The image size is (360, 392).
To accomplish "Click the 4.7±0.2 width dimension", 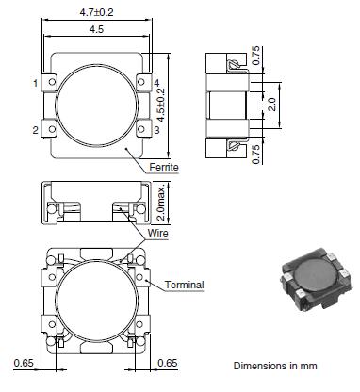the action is (96, 12).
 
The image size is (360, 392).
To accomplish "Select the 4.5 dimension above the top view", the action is (96, 29).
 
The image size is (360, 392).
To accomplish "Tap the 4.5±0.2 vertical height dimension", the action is (161, 105).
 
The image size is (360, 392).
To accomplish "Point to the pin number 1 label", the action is (36, 83).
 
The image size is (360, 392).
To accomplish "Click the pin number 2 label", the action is (36, 130).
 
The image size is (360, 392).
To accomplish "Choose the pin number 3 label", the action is (156, 129).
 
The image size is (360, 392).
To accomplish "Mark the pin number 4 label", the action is (156, 83).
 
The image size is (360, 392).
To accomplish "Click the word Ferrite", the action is (164, 167).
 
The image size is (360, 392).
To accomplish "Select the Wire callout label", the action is (157, 233).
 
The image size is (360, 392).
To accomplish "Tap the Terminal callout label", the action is (185, 285).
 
